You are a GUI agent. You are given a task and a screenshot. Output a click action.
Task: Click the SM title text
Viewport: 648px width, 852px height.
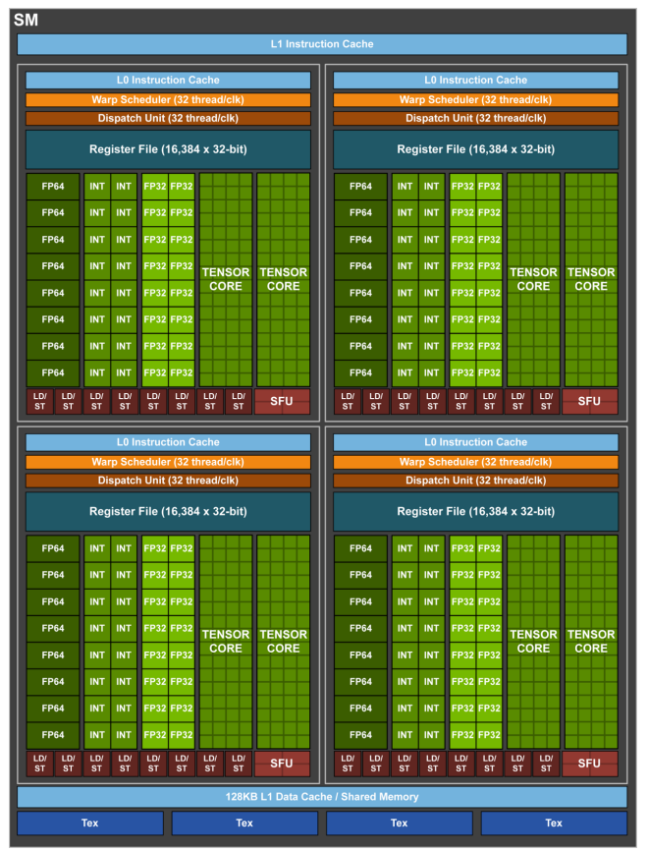[x=25, y=20]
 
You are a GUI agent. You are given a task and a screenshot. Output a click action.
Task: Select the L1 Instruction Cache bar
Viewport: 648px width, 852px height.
[x=322, y=44]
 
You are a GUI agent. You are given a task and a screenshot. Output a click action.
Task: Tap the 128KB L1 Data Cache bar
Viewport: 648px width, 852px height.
[x=322, y=797]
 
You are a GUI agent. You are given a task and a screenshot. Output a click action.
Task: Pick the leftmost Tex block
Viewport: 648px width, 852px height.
[x=90, y=824]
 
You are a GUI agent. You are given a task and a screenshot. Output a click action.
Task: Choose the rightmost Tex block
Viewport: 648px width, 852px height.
[x=554, y=824]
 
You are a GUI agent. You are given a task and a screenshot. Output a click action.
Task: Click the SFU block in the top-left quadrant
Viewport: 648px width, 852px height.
[x=282, y=401]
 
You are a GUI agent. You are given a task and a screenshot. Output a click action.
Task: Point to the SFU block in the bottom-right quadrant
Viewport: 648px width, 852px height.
[x=589, y=764]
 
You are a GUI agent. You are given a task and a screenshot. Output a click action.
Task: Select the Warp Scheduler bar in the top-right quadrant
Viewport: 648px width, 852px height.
[x=476, y=99]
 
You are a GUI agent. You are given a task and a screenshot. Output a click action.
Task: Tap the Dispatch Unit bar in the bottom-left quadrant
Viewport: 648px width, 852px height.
[x=168, y=481]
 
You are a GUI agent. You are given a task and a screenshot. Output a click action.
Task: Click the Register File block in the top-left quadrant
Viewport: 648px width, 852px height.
[x=168, y=149]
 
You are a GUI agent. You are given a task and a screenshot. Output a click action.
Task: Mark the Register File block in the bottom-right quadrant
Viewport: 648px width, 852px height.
[x=476, y=511]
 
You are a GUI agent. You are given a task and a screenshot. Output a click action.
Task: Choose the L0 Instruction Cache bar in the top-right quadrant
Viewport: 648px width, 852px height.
[x=476, y=81]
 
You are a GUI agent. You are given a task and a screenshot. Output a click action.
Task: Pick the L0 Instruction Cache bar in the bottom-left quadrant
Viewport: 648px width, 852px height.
[x=168, y=442]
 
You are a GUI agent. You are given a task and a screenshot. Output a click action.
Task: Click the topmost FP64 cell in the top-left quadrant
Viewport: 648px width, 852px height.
[x=53, y=186]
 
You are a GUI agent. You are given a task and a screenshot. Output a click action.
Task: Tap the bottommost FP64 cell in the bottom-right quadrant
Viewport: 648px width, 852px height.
[x=361, y=735]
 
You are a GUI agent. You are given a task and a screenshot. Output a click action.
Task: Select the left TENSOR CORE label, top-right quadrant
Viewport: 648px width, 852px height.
[x=533, y=279]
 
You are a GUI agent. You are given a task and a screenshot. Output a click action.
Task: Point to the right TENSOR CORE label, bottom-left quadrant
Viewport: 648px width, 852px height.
[x=283, y=641]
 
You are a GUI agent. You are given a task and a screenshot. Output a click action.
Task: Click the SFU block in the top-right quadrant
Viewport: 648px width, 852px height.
[x=589, y=401]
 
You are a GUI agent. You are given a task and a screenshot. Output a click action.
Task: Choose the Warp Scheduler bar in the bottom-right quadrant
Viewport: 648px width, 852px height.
[x=476, y=462]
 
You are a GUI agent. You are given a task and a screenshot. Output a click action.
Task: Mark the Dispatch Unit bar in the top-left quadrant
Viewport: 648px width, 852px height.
[x=168, y=119]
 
